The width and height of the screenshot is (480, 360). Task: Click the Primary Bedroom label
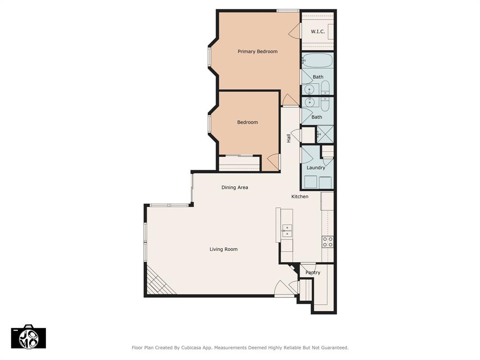coord(257,52)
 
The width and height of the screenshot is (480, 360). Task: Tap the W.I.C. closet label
coord(318,31)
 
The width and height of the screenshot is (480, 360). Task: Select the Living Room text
coord(224,249)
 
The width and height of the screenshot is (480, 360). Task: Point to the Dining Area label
coord(235,187)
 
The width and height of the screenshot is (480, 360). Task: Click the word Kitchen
coord(300,196)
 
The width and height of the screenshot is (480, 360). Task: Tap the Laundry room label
coord(315,168)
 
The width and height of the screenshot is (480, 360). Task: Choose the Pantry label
coord(313,272)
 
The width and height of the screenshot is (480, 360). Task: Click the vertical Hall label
coord(289,138)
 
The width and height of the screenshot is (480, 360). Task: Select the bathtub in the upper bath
coord(317,60)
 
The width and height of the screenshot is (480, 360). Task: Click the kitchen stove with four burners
coord(328,242)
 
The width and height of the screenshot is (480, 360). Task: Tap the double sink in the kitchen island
coord(287,231)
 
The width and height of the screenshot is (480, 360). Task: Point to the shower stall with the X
coord(325,134)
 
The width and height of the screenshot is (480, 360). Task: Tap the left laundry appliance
coord(310,182)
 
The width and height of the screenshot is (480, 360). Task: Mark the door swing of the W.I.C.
coord(294,31)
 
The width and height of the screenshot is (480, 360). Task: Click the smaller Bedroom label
coord(247,122)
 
